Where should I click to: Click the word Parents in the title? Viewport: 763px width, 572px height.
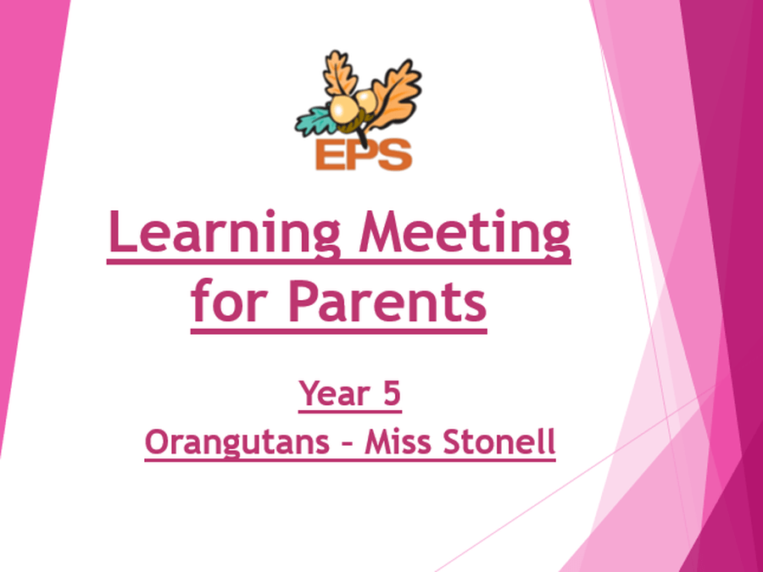[x=387, y=302]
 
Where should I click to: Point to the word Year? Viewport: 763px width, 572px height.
[x=335, y=393]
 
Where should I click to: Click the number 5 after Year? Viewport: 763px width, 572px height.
[x=392, y=393]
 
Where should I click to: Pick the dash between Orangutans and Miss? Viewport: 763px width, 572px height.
[x=348, y=444]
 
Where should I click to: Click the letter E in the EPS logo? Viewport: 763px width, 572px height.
[x=331, y=155]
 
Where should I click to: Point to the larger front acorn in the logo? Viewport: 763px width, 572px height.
[x=344, y=109]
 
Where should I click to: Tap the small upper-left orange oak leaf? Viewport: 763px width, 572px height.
[x=340, y=73]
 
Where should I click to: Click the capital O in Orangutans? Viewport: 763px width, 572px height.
[x=156, y=441]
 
